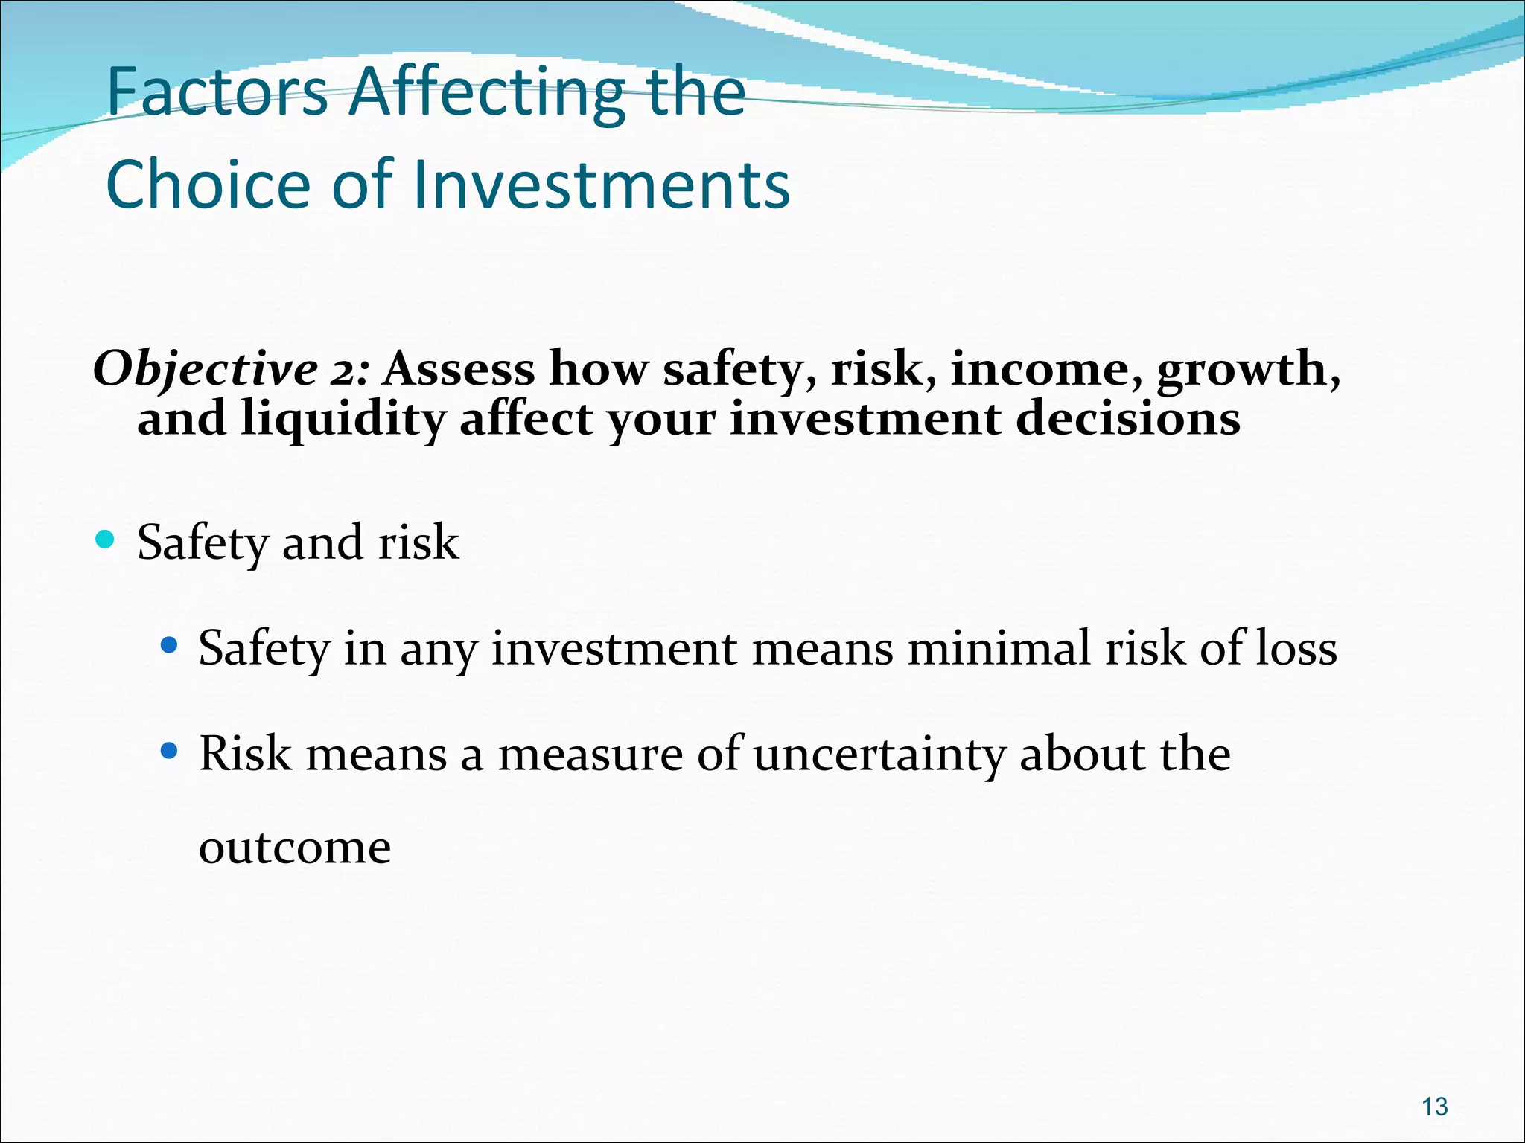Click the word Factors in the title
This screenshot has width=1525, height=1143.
[x=217, y=92]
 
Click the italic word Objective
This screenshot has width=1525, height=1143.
[x=206, y=369]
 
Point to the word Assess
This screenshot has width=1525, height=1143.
[x=459, y=369]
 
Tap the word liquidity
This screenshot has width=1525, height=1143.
[x=343, y=418]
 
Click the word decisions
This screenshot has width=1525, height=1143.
[x=1128, y=418]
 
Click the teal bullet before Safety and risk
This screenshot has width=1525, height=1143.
[x=106, y=539]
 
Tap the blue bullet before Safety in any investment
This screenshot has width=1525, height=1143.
[x=170, y=644]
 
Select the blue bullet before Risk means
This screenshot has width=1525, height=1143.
[x=170, y=751]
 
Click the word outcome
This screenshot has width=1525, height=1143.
[x=295, y=847]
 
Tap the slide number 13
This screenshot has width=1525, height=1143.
[x=1434, y=1107]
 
